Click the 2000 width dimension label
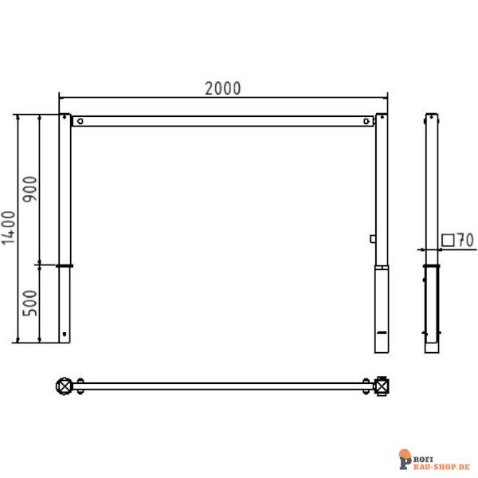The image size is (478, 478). pos(222,88)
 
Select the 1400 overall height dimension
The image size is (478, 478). pos(9,228)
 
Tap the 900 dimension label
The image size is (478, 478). pos(30,189)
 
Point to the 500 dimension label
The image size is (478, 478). pos(30,304)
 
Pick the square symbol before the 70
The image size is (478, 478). pos(448,239)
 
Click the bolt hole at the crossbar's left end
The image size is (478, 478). pos(80,122)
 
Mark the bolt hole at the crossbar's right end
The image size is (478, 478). pos(366,122)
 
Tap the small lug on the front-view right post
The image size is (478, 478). pos(372,237)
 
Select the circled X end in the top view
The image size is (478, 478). pos(64,386)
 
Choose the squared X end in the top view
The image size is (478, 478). pos(383,386)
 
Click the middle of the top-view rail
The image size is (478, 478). pos(223,386)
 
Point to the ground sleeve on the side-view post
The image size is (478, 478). pos(431,308)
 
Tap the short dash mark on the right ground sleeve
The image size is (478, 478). pos(382,331)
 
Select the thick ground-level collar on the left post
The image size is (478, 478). pos(64,265)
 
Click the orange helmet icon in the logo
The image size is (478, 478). pos(405,456)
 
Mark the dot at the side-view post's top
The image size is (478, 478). pos(431,116)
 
